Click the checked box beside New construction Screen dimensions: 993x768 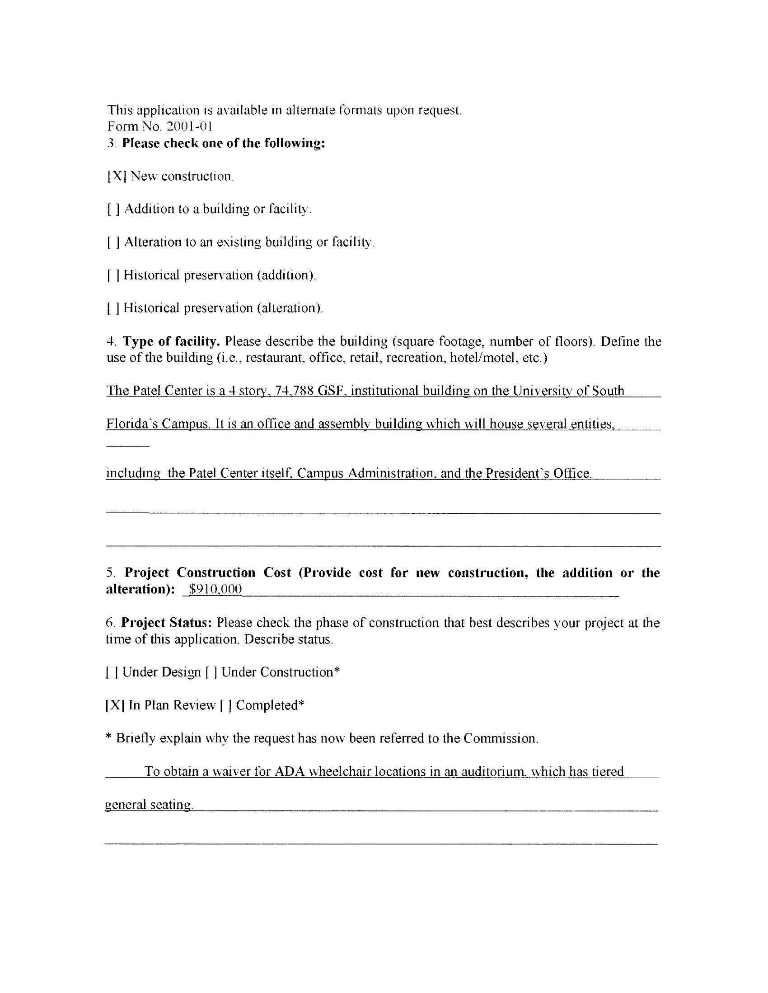[x=116, y=177]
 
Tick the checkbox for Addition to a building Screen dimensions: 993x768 [x=113, y=210]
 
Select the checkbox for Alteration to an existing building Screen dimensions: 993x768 [x=113, y=242]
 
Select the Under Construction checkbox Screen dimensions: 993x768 [x=211, y=672]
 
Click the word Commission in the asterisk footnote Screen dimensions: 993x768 [x=500, y=738]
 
